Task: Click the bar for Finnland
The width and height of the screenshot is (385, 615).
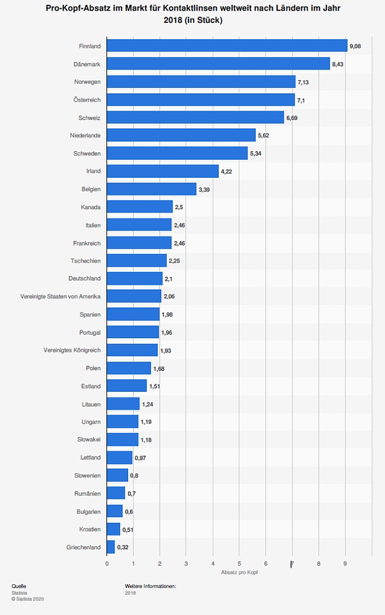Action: [227, 46]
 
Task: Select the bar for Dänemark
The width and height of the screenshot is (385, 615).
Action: [218, 64]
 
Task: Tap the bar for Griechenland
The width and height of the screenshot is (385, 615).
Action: [111, 547]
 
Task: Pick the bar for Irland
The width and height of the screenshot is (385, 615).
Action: [162, 171]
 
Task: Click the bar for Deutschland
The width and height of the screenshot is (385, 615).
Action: [134, 278]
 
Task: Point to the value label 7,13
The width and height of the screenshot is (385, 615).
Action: [303, 82]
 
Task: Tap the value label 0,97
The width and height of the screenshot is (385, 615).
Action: [140, 457]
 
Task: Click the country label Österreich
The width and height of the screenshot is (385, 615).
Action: [87, 100]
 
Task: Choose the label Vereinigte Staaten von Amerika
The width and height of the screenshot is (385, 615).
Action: [60, 296]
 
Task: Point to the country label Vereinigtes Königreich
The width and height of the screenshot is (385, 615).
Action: [72, 350]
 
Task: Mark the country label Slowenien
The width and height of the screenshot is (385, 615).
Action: [87, 475]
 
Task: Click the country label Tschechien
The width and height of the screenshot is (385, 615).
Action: [86, 261]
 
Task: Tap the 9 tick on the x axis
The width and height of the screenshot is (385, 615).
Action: [345, 564]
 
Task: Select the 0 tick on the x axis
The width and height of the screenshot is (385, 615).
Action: [107, 564]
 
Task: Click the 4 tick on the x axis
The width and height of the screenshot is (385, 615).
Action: [213, 564]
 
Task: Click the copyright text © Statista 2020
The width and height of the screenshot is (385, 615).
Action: [27, 599]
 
